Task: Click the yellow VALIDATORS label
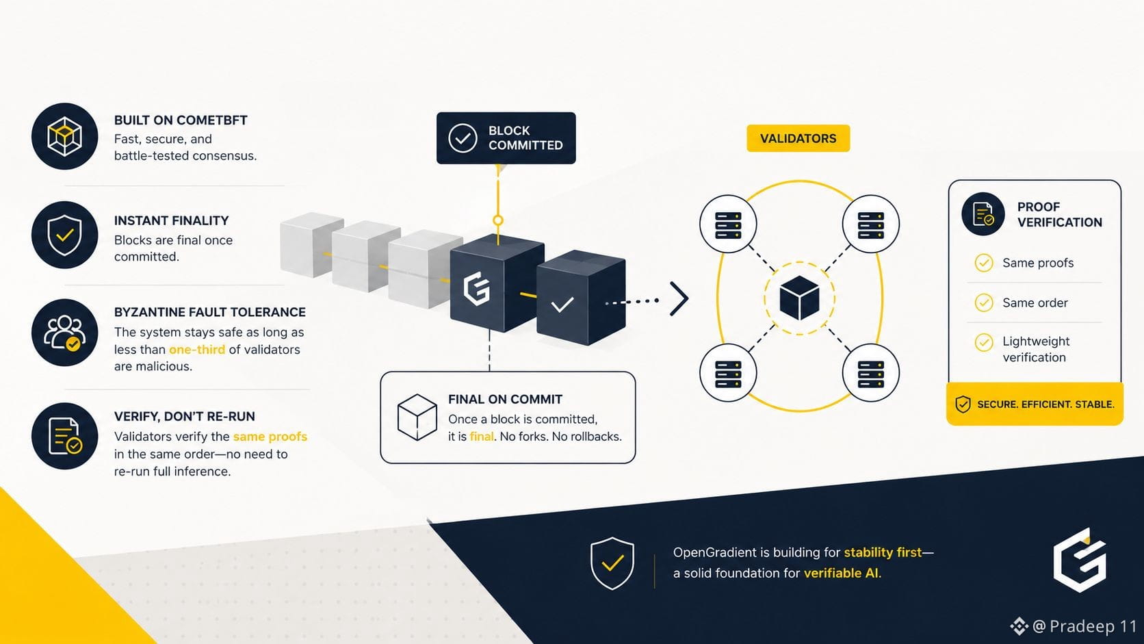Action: pyautogui.click(x=798, y=138)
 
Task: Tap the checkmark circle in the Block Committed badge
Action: pyautogui.click(x=463, y=138)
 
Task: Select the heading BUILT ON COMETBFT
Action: pyautogui.click(x=181, y=120)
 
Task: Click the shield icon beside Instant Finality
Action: pyautogui.click(x=64, y=235)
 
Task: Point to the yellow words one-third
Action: pyautogui.click(x=197, y=349)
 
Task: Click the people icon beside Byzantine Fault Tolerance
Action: pyautogui.click(x=64, y=333)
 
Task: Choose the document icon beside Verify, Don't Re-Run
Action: pyautogui.click(x=65, y=436)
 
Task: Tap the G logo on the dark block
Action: pyautogui.click(x=476, y=289)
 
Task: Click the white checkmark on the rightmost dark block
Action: pyautogui.click(x=562, y=305)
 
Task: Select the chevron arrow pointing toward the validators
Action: pyautogui.click(x=679, y=299)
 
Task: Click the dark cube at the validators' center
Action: pyautogui.click(x=800, y=298)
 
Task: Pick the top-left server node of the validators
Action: pyautogui.click(x=728, y=224)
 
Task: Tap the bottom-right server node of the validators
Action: pyautogui.click(x=871, y=373)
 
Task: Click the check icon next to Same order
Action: pyautogui.click(x=984, y=303)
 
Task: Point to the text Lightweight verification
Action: pyautogui.click(x=1036, y=349)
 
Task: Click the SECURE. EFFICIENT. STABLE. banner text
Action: pyautogui.click(x=1045, y=404)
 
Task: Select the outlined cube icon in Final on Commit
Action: pyautogui.click(x=417, y=417)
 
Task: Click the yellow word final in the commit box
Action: pyautogui.click(x=482, y=437)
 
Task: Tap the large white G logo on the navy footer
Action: pyautogui.click(x=1080, y=561)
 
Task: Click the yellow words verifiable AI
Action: pyautogui.click(x=843, y=573)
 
